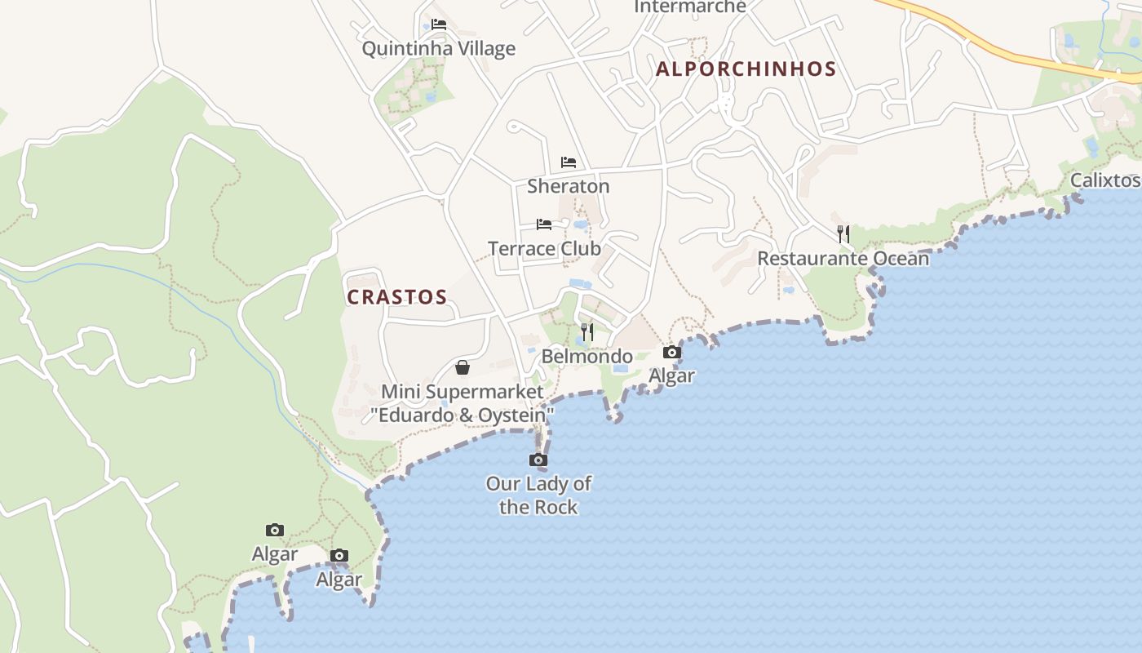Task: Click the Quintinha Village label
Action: pyautogui.click(x=438, y=49)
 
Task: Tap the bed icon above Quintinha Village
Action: pyautogui.click(x=439, y=24)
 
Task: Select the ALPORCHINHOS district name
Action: pyautogui.click(x=746, y=69)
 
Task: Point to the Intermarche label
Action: pyautogui.click(x=689, y=7)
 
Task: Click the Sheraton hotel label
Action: pyautogui.click(x=568, y=186)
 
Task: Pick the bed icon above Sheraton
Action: pyautogui.click(x=569, y=162)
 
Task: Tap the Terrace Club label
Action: pyautogui.click(x=544, y=248)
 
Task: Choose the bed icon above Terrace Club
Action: pyautogui.click(x=544, y=224)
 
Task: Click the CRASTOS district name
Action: pyautogui.click(x=397, y=297)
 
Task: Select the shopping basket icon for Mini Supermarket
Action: pyautogui.click(x=463, y=367)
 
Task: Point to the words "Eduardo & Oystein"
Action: pyautogui.click(x=463, y=415)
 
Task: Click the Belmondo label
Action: pyautogui.click(x=587, y=357)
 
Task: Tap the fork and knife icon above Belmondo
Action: pyautogui.click(x=587, y=332)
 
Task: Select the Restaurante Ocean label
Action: pyautogui.click(x=843, y=259)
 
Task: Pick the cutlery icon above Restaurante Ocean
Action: pyautogui.click(x=843, y=234)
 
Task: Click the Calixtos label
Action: pyautogui.click(x=1104, y=180)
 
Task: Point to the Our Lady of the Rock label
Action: pyautogui.click(x=538, y=495)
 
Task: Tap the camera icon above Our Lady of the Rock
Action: pyautogui.click(x=538, y=460)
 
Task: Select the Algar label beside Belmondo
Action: pyautogui.click(x=671, y=376)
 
